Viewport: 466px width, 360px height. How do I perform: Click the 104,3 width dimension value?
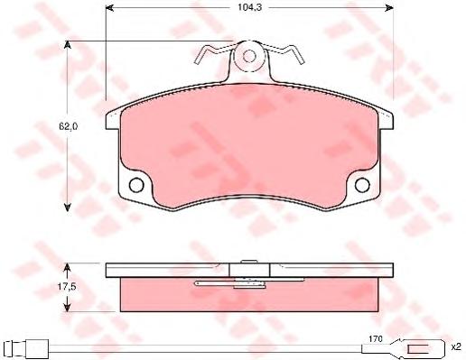pyautogui.click(x=246, y=7)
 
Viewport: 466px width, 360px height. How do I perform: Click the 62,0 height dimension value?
pyautogui.click(x=68, y=126)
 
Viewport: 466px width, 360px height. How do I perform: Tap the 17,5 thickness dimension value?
pyautogui.click(x=67, y=287)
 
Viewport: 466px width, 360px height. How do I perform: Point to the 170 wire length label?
pyautogui.click(x=376, y=338)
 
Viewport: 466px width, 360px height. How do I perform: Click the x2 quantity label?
pyautogui.click(x=456, y=347)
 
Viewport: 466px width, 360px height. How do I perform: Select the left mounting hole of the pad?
pyautogui.click(x=136, y=185)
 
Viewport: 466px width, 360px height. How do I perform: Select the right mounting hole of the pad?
pyautogui.click(x=362, y=185)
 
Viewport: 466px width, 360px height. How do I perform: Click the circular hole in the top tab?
pyautogui.click(x=249, y=56)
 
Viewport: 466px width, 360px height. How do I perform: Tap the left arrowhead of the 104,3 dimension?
pyautogui.click(x=109, y=8)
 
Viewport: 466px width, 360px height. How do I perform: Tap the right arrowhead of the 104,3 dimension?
pyautogui.click(x=389, y=8)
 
